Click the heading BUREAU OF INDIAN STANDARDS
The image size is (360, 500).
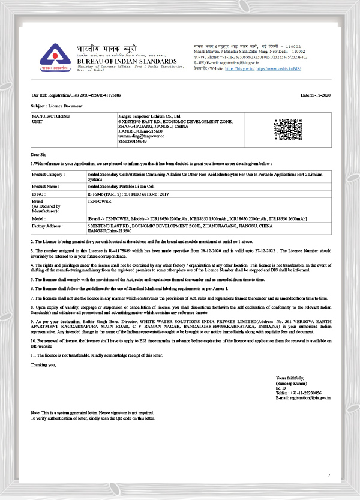[x=127, y=61]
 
